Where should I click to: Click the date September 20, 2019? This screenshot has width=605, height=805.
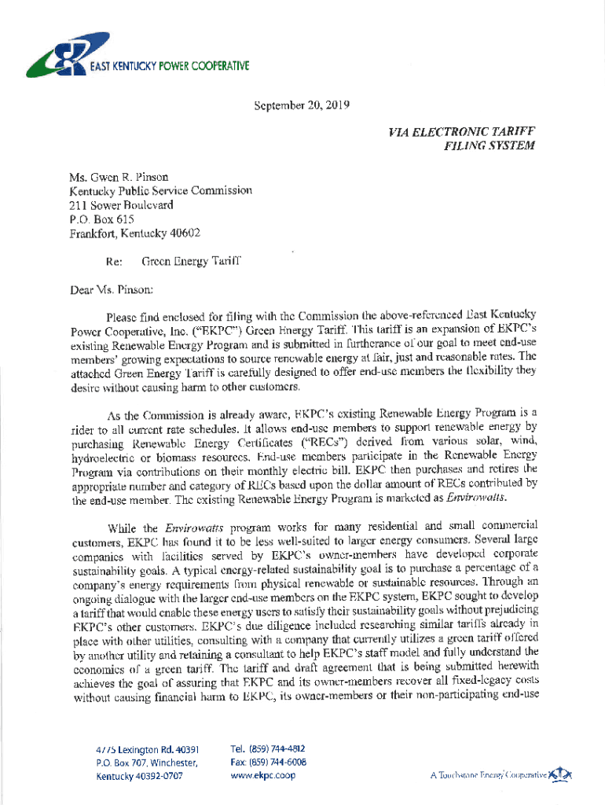click(301, 103)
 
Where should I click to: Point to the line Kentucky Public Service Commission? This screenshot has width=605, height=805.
click(160, 191)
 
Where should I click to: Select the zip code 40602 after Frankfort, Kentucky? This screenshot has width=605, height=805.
click(184, 233)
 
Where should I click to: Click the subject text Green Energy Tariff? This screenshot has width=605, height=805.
click(191, 260)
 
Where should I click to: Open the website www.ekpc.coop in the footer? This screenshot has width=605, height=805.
click(263, 775)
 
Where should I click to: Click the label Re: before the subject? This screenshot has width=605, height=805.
click(112, 260)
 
